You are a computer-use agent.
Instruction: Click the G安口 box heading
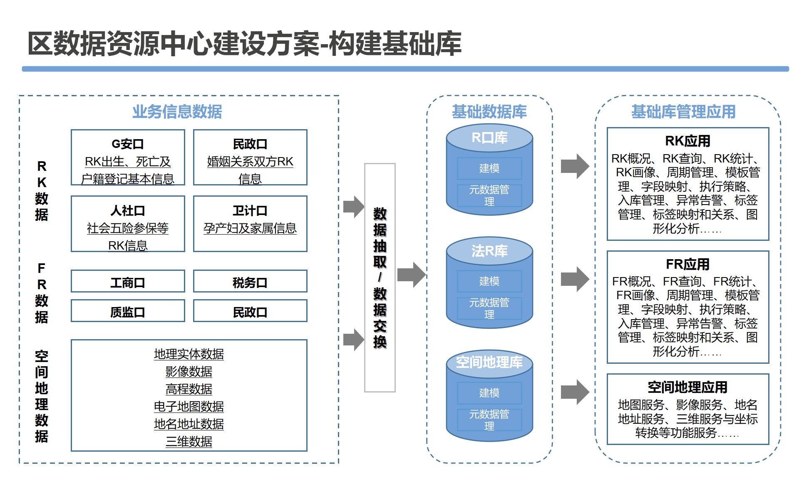coord(128,144)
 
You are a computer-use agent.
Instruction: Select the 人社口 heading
coord(128,211)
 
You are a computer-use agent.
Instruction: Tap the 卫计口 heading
coord(250,211)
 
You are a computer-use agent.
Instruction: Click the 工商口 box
coord(128,282)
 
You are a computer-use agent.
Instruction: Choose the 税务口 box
coord(250,282)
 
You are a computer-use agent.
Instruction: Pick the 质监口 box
coord(128,312)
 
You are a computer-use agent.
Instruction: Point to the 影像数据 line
coord(189,371)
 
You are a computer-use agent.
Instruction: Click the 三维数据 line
coord(189,441)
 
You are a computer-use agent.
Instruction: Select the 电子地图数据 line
coord(189,406)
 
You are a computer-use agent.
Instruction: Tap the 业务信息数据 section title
coord(177,112)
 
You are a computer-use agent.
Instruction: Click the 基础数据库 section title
coord(489,112)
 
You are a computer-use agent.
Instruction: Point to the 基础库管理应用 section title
coord(683,112)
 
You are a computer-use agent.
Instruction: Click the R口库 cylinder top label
coord(489,138)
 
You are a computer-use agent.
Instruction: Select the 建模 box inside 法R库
coord(489,281)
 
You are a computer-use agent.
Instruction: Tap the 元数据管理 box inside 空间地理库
coord(489,420)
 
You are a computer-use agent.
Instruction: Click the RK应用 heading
coord(687,141)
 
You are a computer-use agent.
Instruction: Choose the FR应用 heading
coord(687,264)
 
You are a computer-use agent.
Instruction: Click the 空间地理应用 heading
coord(687,387)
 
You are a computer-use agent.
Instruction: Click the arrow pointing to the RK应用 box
coord(575,166)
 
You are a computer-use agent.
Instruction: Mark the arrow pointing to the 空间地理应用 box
coord(575,392)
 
